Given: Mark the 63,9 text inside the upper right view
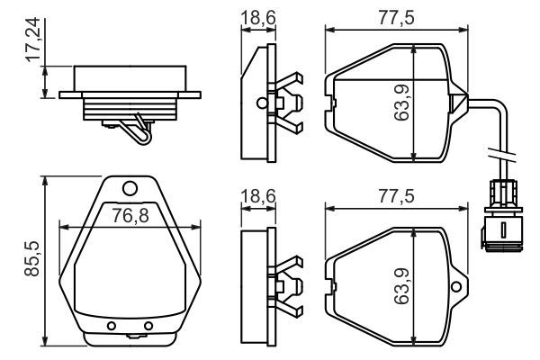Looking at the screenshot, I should (x=401, y=101).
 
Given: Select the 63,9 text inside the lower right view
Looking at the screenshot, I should (x=401, y=281).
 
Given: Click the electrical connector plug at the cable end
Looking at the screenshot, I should (x=500, y=217).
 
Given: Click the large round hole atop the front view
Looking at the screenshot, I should (x=130, y=188).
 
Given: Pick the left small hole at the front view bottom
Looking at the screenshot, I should (x=112, y=325).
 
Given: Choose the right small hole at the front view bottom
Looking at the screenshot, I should (x=148, y=325).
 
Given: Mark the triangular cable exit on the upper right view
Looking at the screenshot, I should (x=459, y=100).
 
